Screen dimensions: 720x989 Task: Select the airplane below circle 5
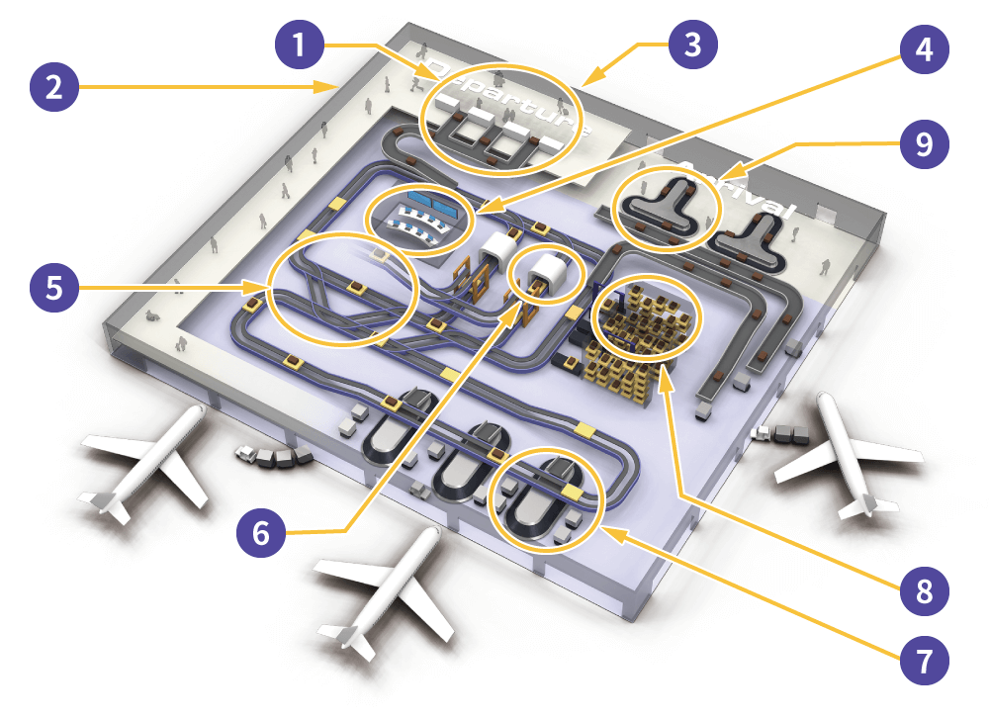point(148,465)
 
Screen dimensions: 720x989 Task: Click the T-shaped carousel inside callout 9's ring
point(665,206)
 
